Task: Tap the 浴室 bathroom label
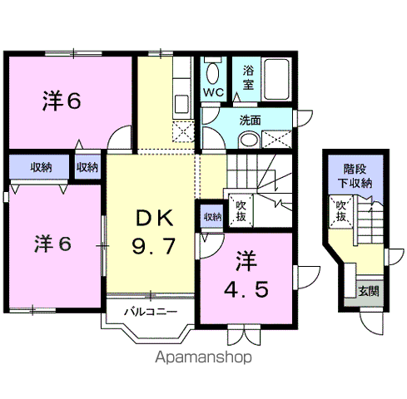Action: point(248,77)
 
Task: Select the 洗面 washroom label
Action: point(250,120)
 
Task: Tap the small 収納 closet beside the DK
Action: point(87,166)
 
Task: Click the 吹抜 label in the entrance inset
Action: point(340,209)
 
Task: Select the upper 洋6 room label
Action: point(62,101)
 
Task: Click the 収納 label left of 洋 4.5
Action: point(211,217)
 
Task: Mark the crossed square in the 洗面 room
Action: point(280,138)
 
